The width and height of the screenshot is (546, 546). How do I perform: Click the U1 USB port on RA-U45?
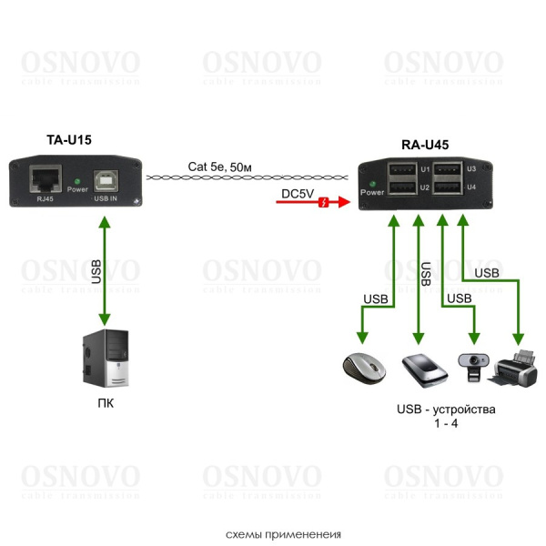pyautogui.click(x=401, y=169)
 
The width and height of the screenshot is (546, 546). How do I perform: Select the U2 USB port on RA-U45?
pyautogui.click(x=401, y=187)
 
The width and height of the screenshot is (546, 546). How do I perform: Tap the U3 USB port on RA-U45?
pyautogui.click(x=447, y=169)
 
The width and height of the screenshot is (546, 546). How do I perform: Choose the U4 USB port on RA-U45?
pyautogui.click(x=447, y=187)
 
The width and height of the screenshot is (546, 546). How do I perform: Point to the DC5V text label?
pyautogui.click(x=298, y=192)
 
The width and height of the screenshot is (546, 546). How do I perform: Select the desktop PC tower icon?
pyautogui.click(x=106, y=360)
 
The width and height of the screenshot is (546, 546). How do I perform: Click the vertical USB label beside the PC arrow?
pyautogui.click(x=95, y=270)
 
